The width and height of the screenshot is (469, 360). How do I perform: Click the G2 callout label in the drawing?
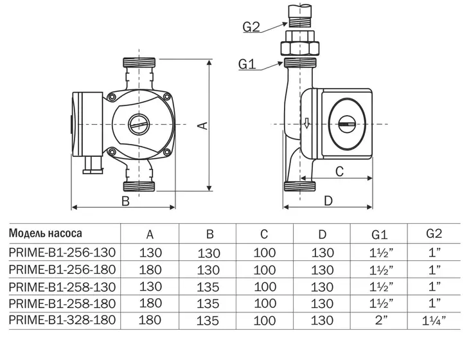pos(251,26)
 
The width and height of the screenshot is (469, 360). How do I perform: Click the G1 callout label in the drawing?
pos(247,64)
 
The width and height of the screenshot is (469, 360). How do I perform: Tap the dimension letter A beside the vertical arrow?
pos(203,125)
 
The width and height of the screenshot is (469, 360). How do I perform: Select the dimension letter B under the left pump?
pos(125,201)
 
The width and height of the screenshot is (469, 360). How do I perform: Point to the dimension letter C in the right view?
pos(339,172)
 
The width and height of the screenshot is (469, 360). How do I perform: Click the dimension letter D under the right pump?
pos(328,201)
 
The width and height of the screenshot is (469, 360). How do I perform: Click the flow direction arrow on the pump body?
pos(306,123)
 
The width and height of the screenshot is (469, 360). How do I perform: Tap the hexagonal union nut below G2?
pos(299,48)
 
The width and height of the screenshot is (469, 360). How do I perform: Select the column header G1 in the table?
pos(379,235)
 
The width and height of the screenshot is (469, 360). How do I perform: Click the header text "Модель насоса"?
pos(46,233)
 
